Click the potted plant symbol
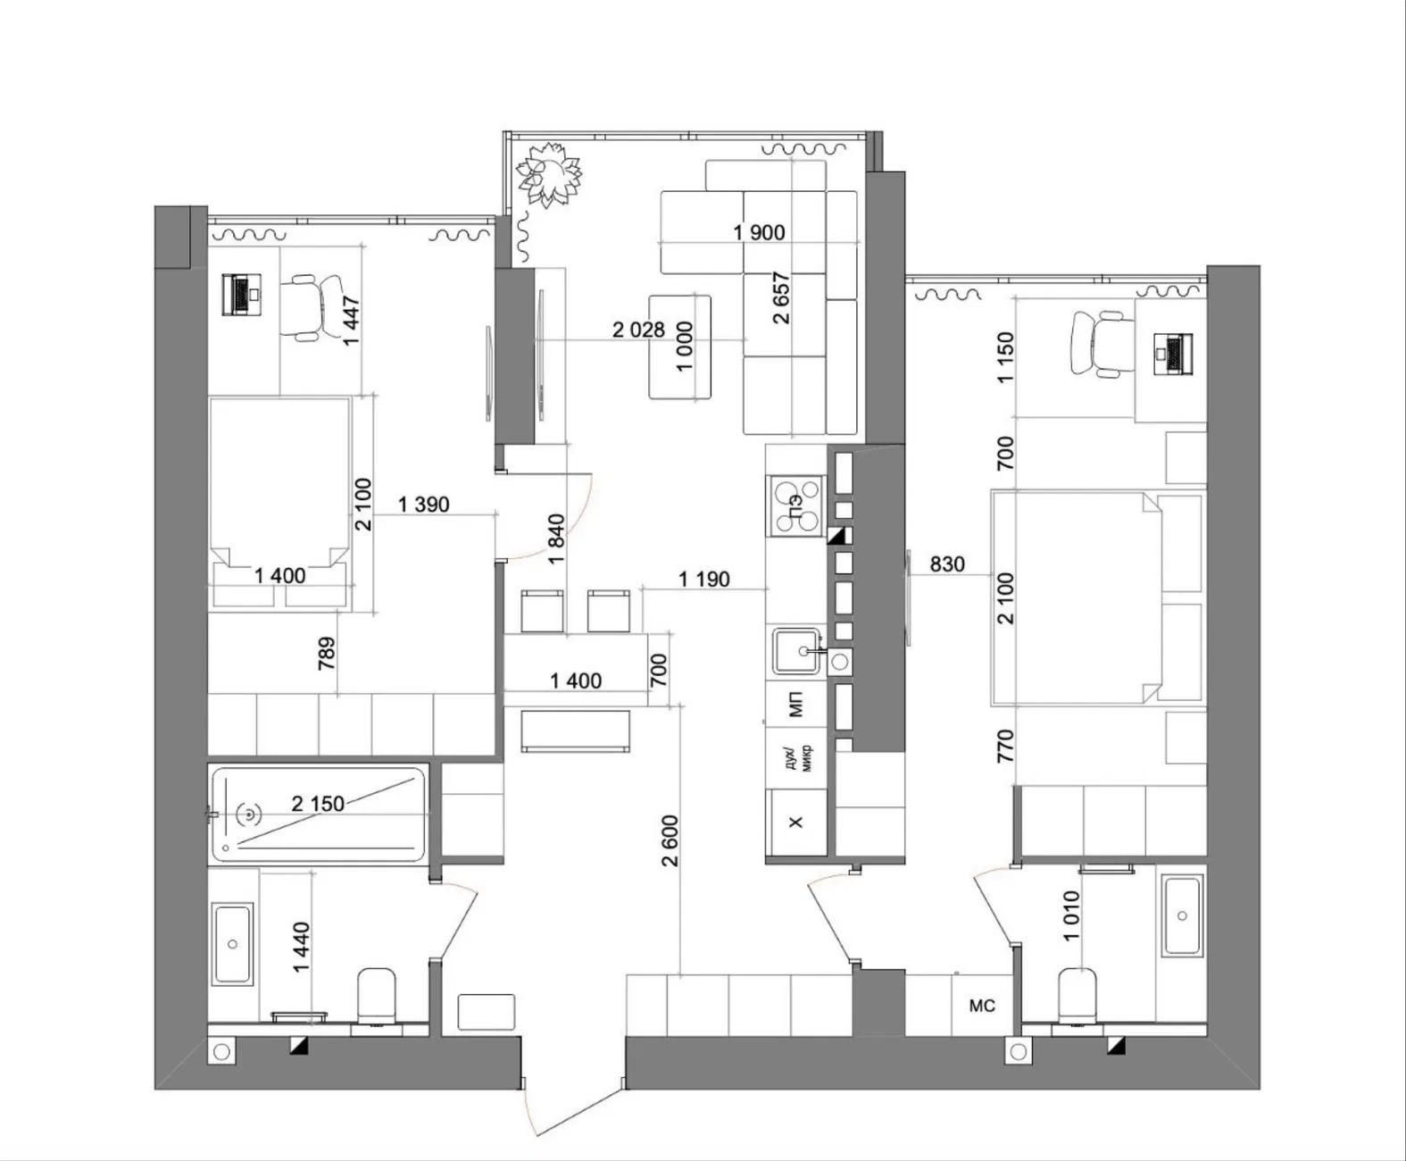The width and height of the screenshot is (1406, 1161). (x=549, y=174)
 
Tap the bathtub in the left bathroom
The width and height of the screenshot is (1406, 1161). (x=320, y=814)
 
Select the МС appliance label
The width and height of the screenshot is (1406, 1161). (x=982, y=1006)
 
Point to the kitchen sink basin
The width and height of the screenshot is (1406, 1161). (x=796, y=651)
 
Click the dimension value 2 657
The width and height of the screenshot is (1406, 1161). (x=781, y=297)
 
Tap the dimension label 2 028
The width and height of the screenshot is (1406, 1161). (x=638, y=330)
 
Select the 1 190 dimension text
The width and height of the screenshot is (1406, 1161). (x=703, y=579)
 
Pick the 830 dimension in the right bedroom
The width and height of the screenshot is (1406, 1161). (x=947, y=564)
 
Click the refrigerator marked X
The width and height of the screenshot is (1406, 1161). (x=796, y=822)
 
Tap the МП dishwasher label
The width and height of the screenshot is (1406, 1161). (x=796, y=705)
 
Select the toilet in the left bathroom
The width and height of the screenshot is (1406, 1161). (x=376, y=996)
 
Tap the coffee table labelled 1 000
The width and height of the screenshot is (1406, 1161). (x=680, y=347)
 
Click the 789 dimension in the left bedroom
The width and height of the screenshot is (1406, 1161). (x=327, y=653)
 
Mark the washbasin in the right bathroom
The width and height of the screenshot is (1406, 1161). (x=1183, y=915)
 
